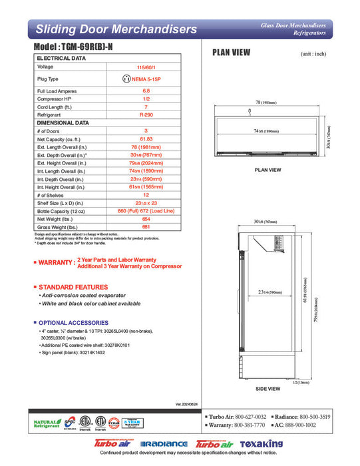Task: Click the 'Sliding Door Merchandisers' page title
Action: point(116,29)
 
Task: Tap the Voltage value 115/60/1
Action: point(145,67)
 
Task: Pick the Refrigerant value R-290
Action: point(145,115)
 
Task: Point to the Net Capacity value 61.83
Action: point(145,139)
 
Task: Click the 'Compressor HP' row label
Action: point(54,99)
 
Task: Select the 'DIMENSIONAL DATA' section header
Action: point(63,122)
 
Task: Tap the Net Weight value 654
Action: point(145,219)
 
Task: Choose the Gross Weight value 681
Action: point(145,227)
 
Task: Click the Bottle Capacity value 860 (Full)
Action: point(145,211)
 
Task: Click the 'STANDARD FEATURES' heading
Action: point(73,287)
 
